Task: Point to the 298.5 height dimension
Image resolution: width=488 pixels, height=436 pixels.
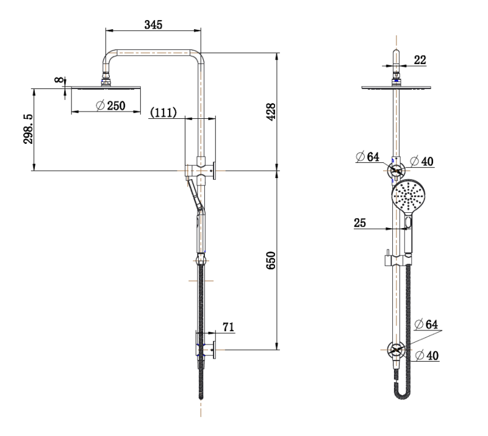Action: tap(28, 129)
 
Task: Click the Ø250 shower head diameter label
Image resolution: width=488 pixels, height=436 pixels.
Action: tap(111, 105)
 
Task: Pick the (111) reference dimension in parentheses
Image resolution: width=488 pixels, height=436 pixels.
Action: tap(163, 112)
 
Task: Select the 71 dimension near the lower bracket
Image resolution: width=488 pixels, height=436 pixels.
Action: tap(228, 328)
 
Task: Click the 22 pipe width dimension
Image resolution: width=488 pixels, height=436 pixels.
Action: tap(420, 59)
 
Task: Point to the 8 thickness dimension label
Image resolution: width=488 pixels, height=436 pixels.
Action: tap(59, 80)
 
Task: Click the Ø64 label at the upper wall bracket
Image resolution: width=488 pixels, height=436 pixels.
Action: tap(368, 157)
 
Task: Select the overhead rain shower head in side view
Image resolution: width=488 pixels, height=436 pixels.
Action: tap(107, 88)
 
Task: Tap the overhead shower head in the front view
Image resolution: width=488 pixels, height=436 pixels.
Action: tap(397, 88)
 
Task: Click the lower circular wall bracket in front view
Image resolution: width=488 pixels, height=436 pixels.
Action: tap(397, 351)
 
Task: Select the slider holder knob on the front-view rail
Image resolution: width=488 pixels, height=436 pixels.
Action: tap(387, 260)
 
